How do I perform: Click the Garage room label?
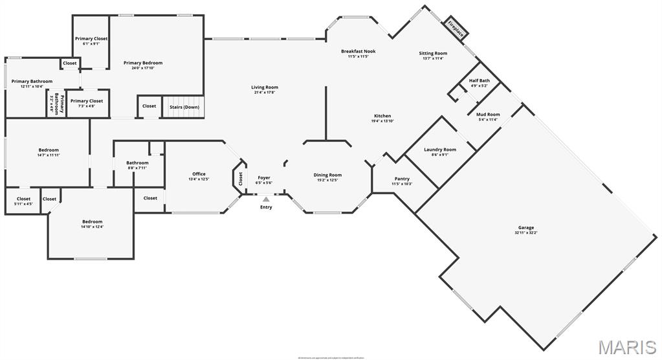525,227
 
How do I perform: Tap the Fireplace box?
456,28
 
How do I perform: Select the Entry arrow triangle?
266,199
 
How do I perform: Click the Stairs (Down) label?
184,107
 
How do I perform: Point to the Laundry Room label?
440,150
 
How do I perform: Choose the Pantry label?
402,179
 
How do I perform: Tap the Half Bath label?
480,81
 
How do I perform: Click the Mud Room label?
488,115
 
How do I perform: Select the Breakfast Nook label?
359,51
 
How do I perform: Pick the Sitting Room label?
433,53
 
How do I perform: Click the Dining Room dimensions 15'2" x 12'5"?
327,180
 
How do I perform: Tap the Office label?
199,174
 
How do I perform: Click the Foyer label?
264,177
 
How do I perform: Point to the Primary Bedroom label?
143,63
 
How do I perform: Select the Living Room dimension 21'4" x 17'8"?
265,93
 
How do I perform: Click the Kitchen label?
382,116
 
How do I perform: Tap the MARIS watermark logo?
626,347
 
